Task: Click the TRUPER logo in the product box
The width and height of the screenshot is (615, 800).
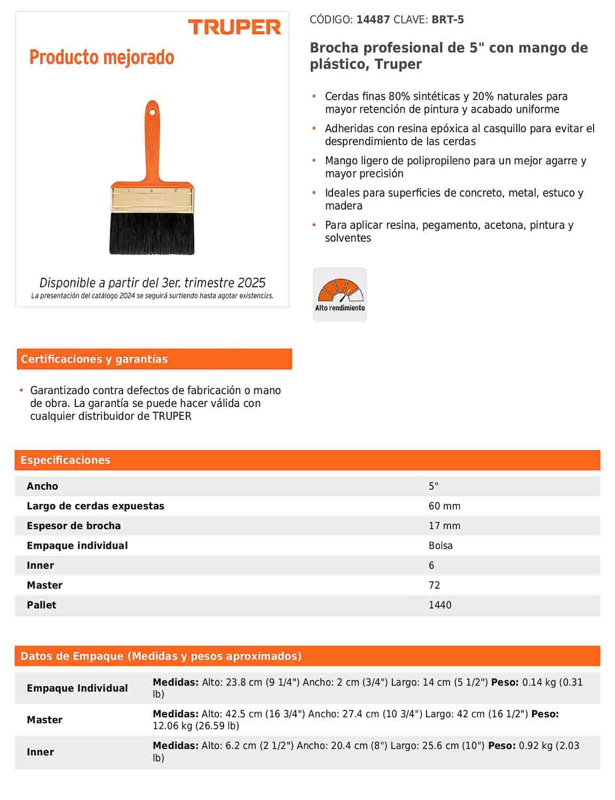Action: (x=234, y=27)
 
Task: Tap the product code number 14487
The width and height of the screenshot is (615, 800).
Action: (x=373, y=20)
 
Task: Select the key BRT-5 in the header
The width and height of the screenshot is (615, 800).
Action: (x=447, y=20)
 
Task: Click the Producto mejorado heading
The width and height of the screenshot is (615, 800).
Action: (x=102, y=57)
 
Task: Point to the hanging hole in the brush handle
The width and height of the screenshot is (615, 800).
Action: (x=152, y=112)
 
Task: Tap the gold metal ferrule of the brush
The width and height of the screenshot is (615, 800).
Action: (x=152, y=200)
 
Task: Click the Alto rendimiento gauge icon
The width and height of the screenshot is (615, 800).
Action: (x=340, y=294)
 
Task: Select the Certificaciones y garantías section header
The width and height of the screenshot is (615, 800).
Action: (x=94, y=359)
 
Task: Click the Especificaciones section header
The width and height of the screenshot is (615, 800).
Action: (x=65, y=460)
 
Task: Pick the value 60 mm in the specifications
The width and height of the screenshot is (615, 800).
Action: (x=444, y=506)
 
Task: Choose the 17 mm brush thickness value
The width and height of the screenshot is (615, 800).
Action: (x=444, y=526)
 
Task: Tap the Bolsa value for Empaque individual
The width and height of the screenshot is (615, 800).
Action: (x=440, y=546)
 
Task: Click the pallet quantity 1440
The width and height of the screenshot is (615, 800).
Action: (x=440, y=605)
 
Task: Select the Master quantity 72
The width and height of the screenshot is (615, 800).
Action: (x=434, y=585)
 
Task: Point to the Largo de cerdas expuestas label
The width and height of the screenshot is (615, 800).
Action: (x=96, y=506)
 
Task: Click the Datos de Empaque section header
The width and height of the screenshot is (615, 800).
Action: (x=161, y=656)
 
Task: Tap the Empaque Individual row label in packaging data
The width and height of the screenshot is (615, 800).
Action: (x=77, y=688)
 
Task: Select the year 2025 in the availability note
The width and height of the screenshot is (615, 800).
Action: (x=251, y=283)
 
